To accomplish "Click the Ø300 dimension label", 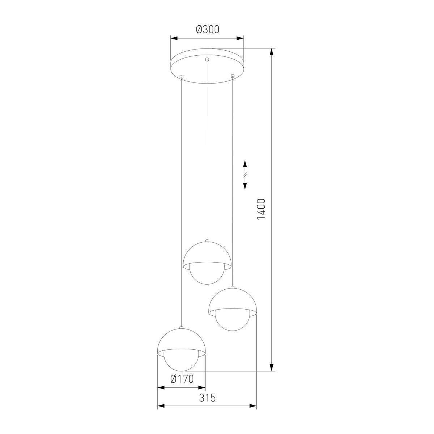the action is pos(208,30).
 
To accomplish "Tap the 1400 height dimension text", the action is pos(261,209).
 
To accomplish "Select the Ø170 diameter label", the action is pos(182,379).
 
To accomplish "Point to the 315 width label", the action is pos(207,398).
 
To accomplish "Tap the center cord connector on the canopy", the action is pos(207,60).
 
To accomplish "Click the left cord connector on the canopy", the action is pos(182,77).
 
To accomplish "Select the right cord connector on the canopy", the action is pos(233,76).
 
